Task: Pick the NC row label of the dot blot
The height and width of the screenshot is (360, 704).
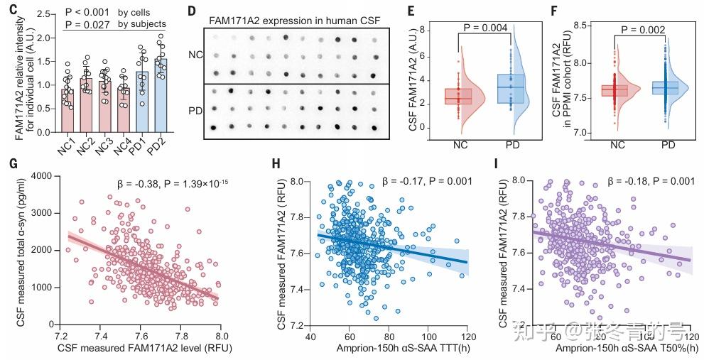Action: click(195, 55)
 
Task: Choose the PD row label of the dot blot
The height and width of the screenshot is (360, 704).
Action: click(195, 111)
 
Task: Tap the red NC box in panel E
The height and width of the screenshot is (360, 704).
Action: click(457, 96)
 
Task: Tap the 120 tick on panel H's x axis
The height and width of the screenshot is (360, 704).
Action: click(467, 334)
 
